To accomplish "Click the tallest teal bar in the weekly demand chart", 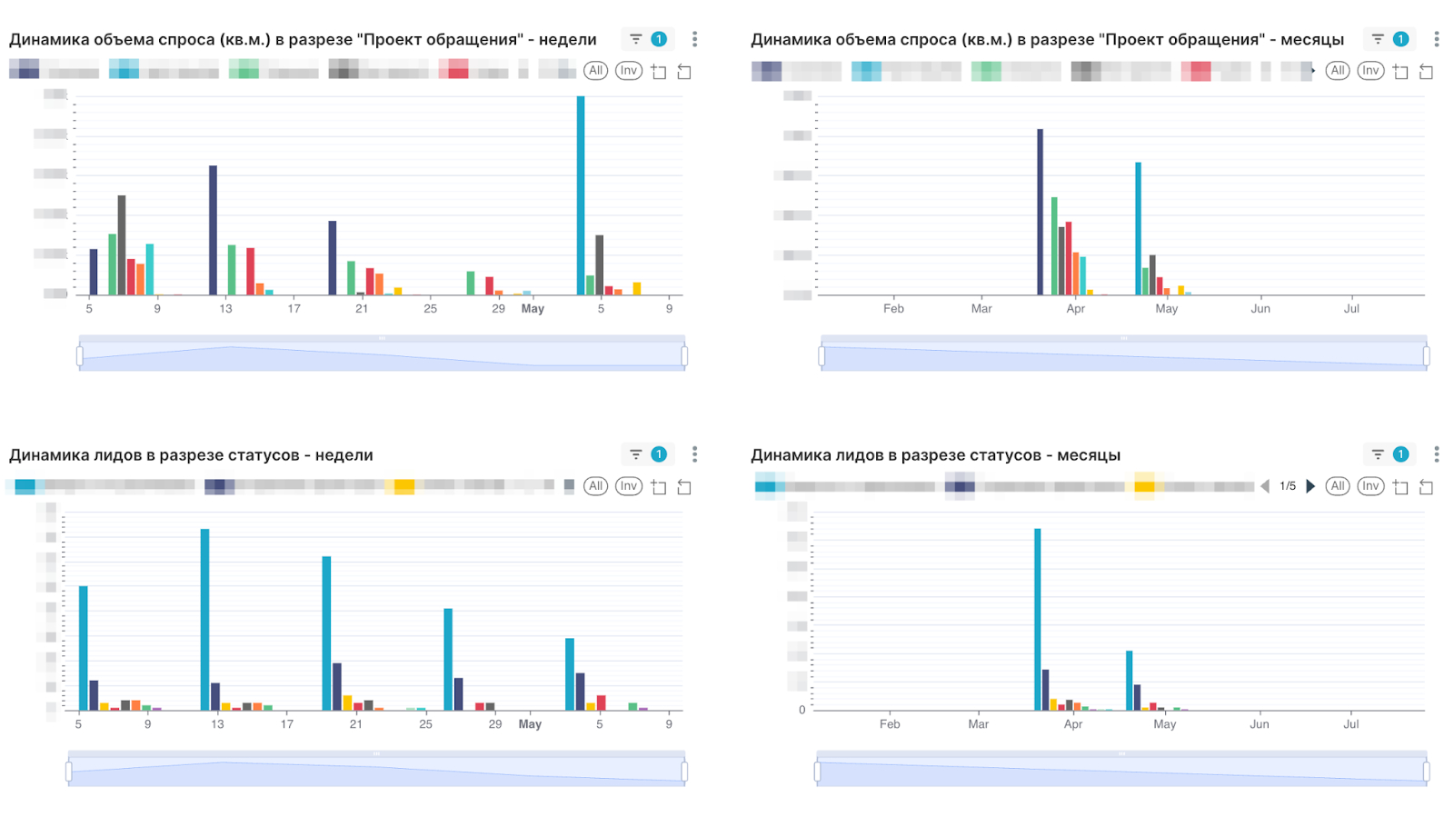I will pyautogui.click(x=581, y=195).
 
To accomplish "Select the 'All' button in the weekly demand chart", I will pyautogui.click(x=595, y=71).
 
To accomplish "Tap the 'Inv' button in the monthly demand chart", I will pyautogui.click(x=1370, y=71).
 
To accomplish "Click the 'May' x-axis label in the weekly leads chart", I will pyautogui.click(x=530, y=724).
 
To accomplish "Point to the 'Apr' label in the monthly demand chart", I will pyautogui.click(x=1076, y=309).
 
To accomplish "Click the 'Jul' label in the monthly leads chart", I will pyautogui.click(x=1351, y=724).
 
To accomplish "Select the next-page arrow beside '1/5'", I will pyautogui.click(x=1310, y=486).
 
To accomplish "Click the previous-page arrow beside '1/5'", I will pyautogui.click(x=1265, y=486).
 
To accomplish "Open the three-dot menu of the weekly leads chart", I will pyautogui.click(x=694, y=454).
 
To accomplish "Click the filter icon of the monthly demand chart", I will pyautogui.click(x=1378, y=39).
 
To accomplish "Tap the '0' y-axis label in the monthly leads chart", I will pyautogui.click(x=802, y=710).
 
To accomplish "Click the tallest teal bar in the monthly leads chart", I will pyautogui.click(x=1037, y=618).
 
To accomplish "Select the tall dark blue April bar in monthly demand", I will pyautogui.click(x=1040, y=212).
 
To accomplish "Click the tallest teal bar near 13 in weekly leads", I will pyautogui.click(x=205, y=618).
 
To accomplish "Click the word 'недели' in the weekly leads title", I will pyautogui.click(x=344, y=455).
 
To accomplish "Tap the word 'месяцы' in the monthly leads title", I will pyautogui.click(x=1089, y=455).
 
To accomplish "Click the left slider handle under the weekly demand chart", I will pyautogui.click(x=80, y=356).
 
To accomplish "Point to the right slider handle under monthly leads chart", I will pyautogui.click(x=1426, y=772).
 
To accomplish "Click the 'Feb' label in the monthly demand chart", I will pyautogui.click(x=893, y=309).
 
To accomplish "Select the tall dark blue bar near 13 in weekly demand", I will pyautogui.click(x=214, y=230).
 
